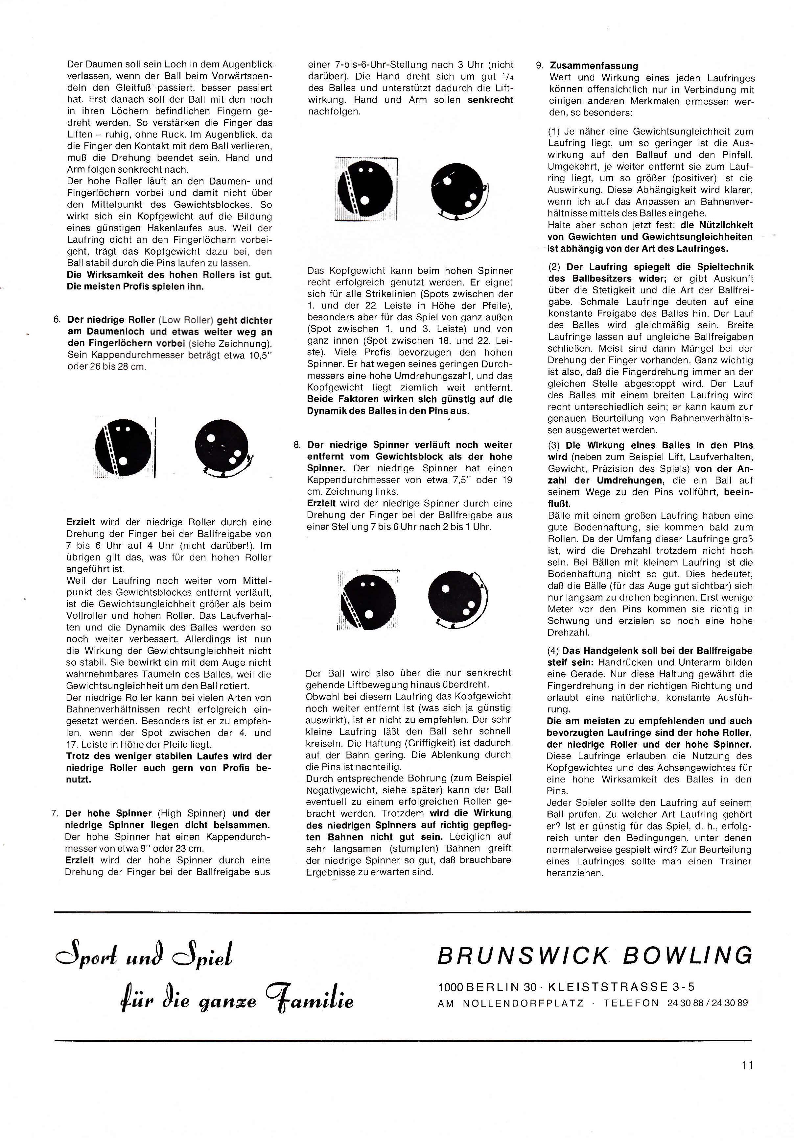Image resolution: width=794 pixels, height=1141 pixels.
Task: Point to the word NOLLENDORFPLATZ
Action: (x=524, y=1003)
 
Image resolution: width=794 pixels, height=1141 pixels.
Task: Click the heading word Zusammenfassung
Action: (x=594, y=65)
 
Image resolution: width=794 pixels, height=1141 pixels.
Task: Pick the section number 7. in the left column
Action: (x=56, y=813)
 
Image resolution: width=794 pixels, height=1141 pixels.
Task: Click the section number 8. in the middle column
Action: (x=297, y=445)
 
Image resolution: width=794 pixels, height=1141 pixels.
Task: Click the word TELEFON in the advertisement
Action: (x=631, y=1003)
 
